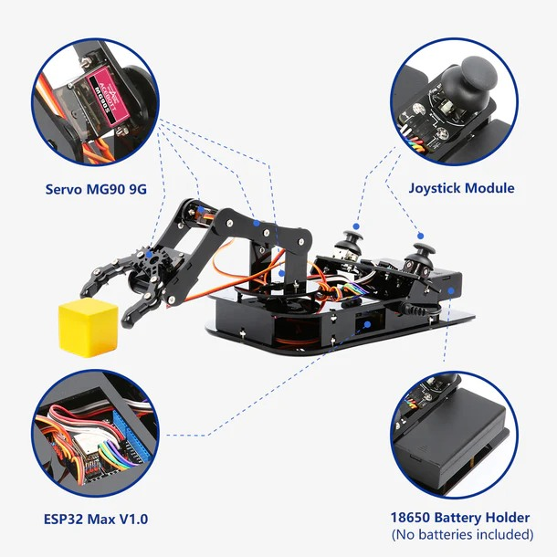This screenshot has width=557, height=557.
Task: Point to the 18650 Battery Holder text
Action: [x=461, y=516]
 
